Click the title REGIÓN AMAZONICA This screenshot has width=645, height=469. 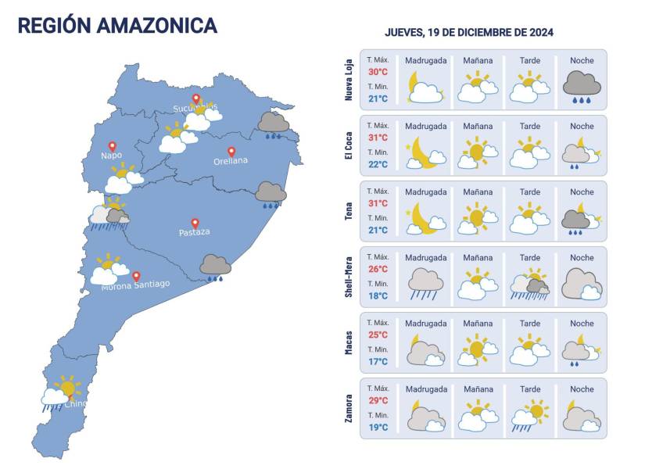coord(117,25)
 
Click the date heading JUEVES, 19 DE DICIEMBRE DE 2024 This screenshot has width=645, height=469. coord(469,32)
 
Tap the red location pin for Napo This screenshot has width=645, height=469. coord(112,146)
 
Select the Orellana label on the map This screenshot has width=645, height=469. coord(231,161)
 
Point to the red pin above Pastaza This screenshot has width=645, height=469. coord(195,223)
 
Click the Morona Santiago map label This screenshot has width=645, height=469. coord(135,285)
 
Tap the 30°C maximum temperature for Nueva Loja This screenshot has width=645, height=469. coord(378,73)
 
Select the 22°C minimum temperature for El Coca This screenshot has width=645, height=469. coord(378,164)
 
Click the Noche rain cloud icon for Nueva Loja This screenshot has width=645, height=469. coord(582,85)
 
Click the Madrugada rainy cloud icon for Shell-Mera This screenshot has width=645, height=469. coord(426,284)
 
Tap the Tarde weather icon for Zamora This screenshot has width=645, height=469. coord(530,415)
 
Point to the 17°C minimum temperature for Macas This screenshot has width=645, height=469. coord(378,361)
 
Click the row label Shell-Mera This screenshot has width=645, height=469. coord(349,277)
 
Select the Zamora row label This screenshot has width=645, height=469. coord(349,408)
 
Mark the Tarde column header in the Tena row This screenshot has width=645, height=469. coord(530,192)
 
